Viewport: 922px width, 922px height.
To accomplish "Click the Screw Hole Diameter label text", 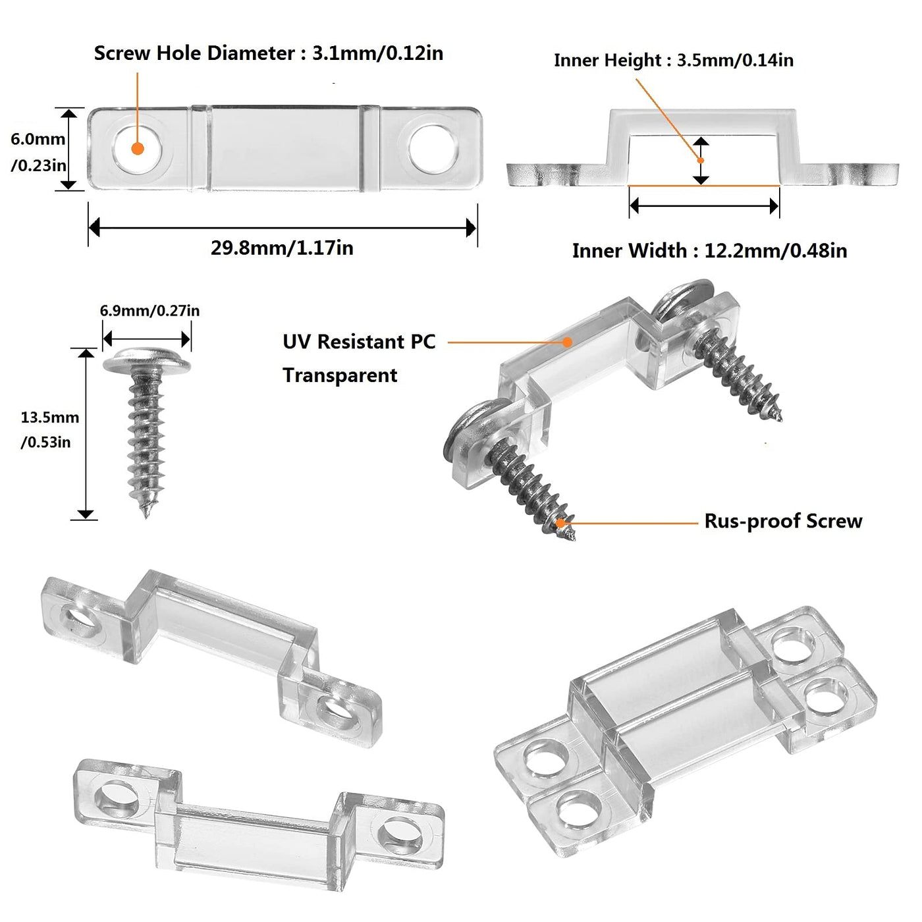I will pyautogui.click(x=268, y=53).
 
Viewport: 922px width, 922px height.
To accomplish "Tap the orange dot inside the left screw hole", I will pyautogui.click(x=137, y=148).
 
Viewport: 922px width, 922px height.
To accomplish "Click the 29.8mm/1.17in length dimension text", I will pyautogui.click(x=282, y=248).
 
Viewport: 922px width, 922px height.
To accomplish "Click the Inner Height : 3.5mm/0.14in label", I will pyautogui.click(x=673, y=61).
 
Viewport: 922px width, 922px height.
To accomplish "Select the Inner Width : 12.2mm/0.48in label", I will pyautogui.click(x=709, y=251).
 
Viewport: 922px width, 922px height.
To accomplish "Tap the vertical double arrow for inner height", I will pyautogui.click(x=701, y=161).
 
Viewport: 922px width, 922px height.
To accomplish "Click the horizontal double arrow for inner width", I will pyautogui.click(x=704, y=206).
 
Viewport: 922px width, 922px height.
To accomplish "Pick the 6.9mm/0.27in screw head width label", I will pyautogui.click(x=149, y=311).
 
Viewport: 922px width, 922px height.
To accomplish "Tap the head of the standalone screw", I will pyautogui.click(x=146, y=360).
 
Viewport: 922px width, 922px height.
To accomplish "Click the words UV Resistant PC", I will pyautogui.click(x=359, y=342).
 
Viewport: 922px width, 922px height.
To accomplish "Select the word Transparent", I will pyautogui.click(x=340, y=375).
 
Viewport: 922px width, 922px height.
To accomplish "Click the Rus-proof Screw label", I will pyautogui.click(x=783, y=522).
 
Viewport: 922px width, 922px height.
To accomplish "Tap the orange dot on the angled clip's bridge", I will pyautogui.click(x=567, y=342).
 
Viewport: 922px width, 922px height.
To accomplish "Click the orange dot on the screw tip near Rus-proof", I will pyautogui.click(x=562, y=523).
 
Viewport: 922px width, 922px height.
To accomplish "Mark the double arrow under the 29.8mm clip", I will pyautogui.click(x=282, y=228).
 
